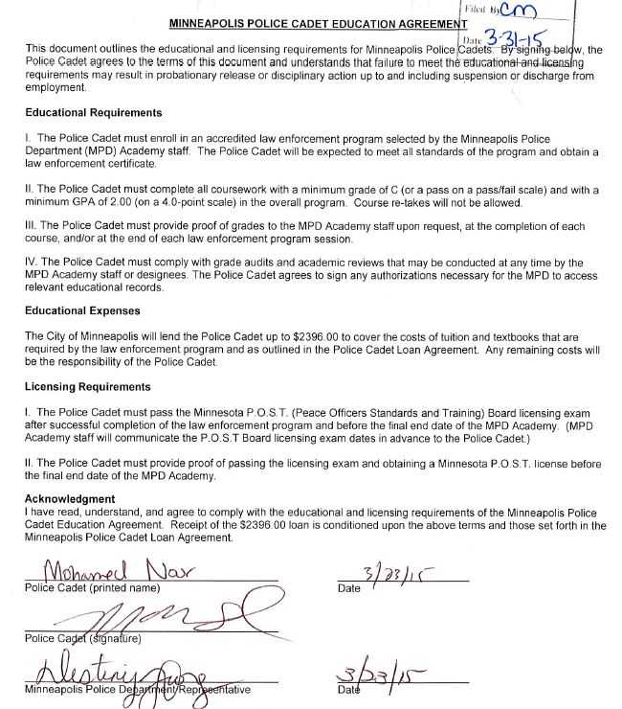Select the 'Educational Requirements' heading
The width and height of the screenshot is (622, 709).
(x=93, y=113)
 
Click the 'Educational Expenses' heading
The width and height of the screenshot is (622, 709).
(x=82, y=311)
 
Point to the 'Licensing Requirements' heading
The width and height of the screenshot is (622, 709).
(x=87, y=387)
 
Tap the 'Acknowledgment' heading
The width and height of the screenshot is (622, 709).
(x=69, y=499)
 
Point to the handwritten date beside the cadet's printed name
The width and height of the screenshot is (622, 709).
(x=392, y=574)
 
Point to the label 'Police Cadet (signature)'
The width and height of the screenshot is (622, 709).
(x=83, y=638)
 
